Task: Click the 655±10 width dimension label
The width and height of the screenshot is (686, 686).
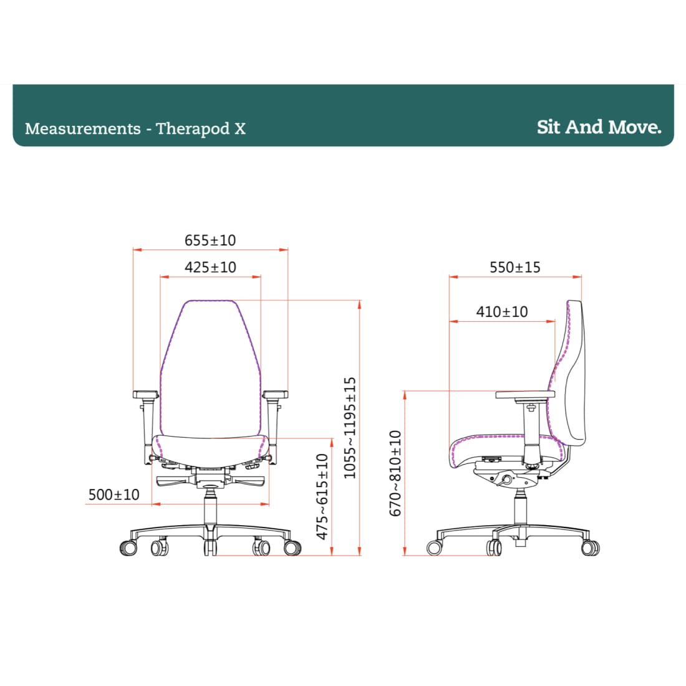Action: pos(210,240)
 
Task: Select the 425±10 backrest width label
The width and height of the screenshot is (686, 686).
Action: pos(210,268)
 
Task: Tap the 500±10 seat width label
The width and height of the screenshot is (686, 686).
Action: pos(114,495)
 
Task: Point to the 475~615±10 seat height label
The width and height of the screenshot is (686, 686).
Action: pos(322,496)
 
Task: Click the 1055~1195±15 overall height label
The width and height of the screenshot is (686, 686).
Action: pos(350,428)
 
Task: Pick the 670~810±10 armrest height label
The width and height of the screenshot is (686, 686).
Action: pos(395,473)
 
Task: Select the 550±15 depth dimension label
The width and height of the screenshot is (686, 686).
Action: pos(515,268)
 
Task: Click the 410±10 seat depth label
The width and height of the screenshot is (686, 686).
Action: pos(502,312)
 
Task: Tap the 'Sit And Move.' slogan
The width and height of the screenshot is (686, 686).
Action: pos(599,127)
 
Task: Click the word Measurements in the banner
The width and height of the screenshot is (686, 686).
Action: pos(83,128)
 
